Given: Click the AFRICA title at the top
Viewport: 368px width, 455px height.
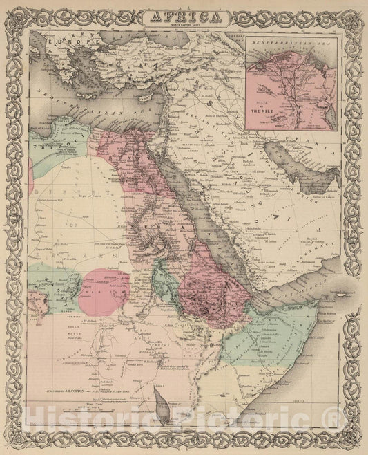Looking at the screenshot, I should coord(183,15).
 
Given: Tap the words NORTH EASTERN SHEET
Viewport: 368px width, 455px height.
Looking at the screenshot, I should coord(183,24).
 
